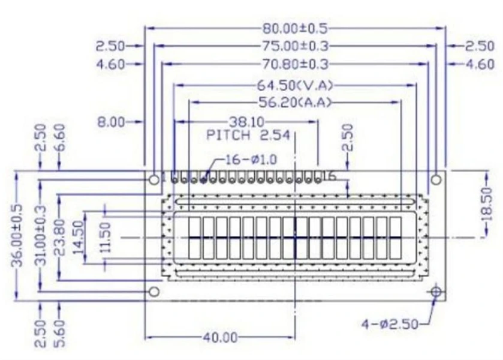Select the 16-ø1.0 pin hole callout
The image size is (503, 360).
point(248,160)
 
